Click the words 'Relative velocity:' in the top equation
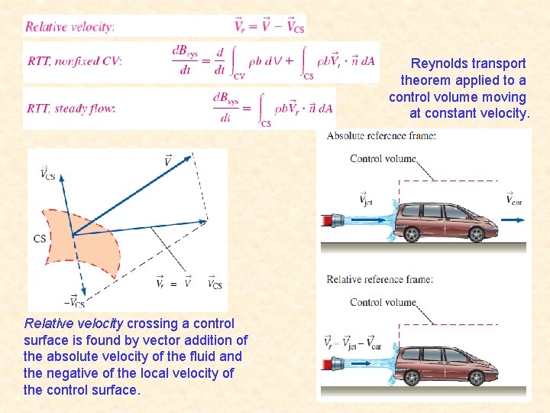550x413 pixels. (x=70, y=27)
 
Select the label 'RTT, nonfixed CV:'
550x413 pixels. (x=74, y=61)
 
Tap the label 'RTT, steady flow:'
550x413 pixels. (x=71, y=108)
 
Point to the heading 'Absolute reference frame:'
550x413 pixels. (x=382, y=136)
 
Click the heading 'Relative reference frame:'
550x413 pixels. (x=380, y=279)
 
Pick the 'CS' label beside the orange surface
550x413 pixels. (x=40, y=239)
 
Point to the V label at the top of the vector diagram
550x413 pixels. (x=167, y=160)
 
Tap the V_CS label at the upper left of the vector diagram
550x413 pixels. (x=48, y=174)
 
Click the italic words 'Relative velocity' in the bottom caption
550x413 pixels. (x=73, y=324)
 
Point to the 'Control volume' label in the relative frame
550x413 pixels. (x=383, y=302)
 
